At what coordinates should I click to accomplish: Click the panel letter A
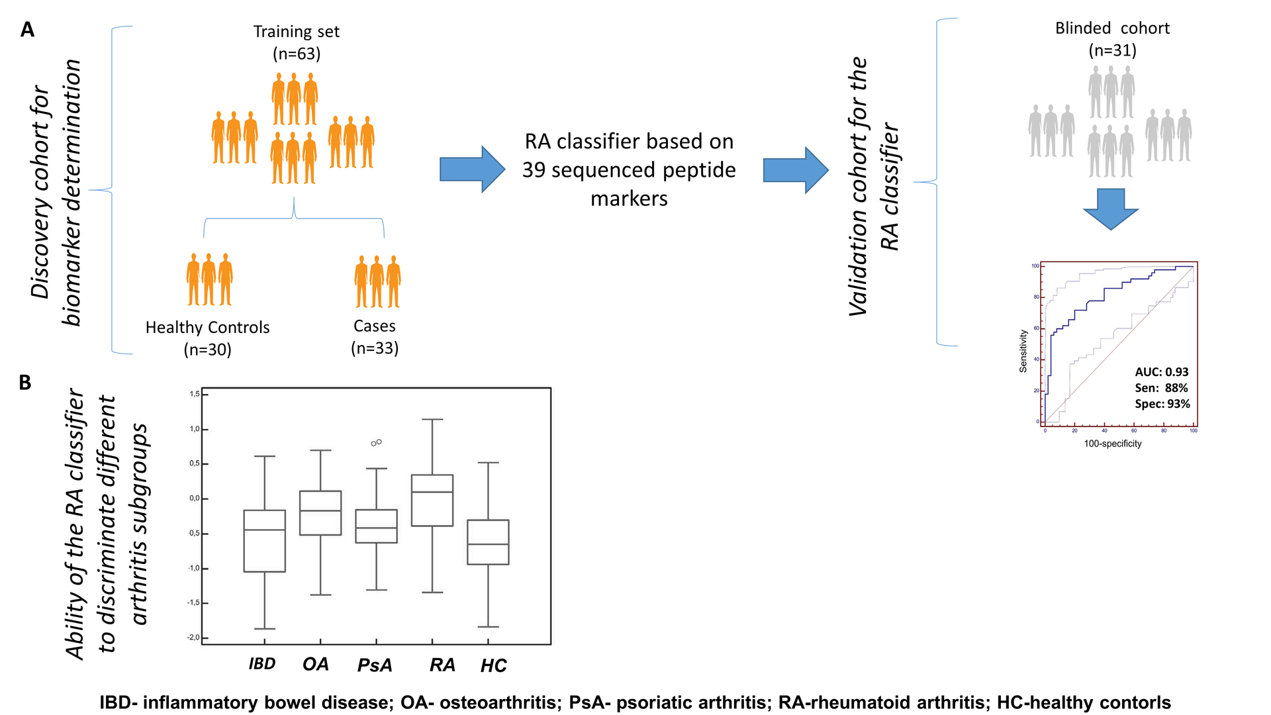(x=27, y=30)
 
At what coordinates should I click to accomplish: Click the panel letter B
(x=25, y=383)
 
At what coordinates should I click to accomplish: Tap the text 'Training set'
(x=296, y=32)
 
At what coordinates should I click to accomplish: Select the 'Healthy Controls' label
(x=207, y=328)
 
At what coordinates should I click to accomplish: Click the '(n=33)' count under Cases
(x=375, y=348)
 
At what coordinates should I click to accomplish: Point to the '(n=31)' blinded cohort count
(x=1112, y=50)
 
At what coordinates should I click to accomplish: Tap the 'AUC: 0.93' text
(x=1162, y=372)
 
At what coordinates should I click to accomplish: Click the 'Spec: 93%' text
(x=1162, y=404)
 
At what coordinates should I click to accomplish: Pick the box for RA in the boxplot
(x=432, y=501)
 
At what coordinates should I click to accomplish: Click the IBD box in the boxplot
(x=264, y=541)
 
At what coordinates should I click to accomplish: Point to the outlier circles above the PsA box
(x=376, y=442)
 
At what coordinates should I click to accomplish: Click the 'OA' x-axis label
(x=315, y=664)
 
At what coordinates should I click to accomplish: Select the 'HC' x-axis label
(x=493, y=665)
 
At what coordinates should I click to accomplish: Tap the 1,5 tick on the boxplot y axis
(x=195, y=395)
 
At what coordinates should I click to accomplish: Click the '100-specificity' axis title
(x=1112, y=444)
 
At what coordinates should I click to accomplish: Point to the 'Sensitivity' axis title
(x=1023, y=351)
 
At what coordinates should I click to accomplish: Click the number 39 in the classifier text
(x=534, y=170)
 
